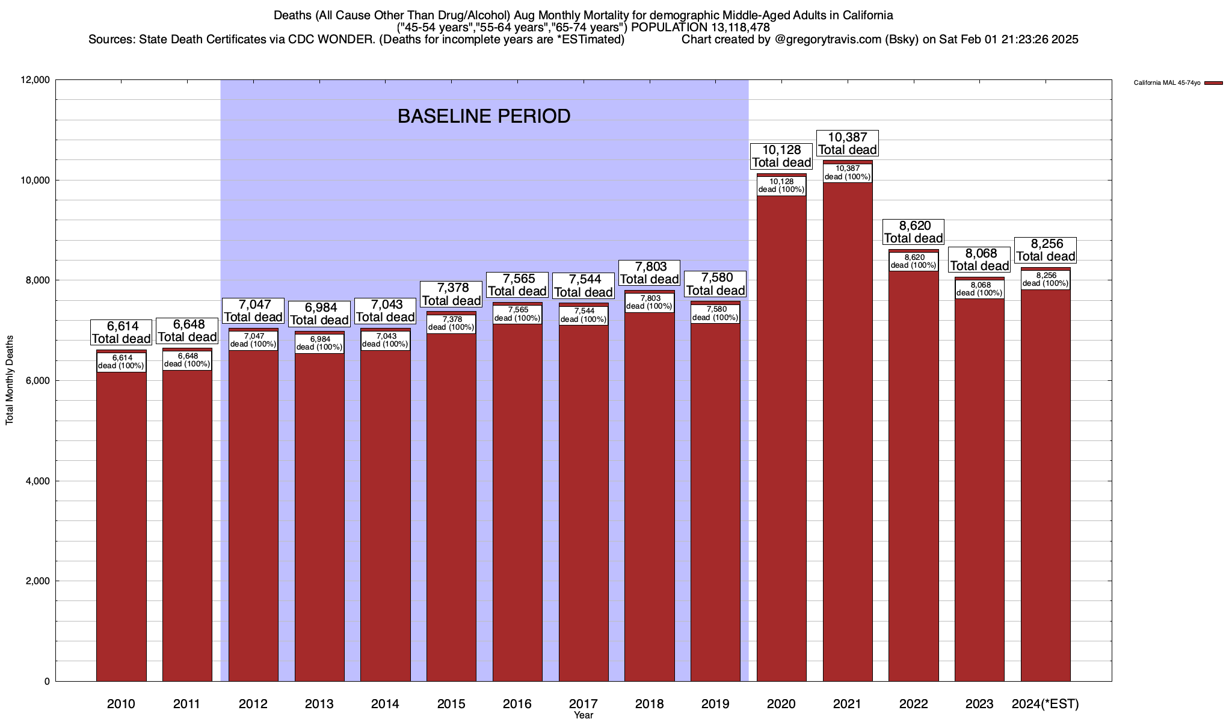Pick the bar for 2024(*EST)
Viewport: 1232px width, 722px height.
point(1046,481)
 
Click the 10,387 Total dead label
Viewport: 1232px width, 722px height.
point(848,144)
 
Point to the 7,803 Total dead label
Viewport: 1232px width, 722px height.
point(649,273)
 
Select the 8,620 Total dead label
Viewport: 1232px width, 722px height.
point(913,232)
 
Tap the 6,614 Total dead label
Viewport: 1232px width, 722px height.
point(121,332)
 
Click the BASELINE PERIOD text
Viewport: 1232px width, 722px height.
point(484,116)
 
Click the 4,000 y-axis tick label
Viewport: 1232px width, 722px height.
point(37,481)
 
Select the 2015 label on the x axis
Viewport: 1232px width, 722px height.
point(451,704)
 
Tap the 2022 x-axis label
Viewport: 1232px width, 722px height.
point(913,704)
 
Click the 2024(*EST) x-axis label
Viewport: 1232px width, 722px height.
point(1046,704)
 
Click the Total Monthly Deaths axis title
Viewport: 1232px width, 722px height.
point(10,389)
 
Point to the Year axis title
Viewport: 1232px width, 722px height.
point(583,715)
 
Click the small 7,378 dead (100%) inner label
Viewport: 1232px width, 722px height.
point(451,324)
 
